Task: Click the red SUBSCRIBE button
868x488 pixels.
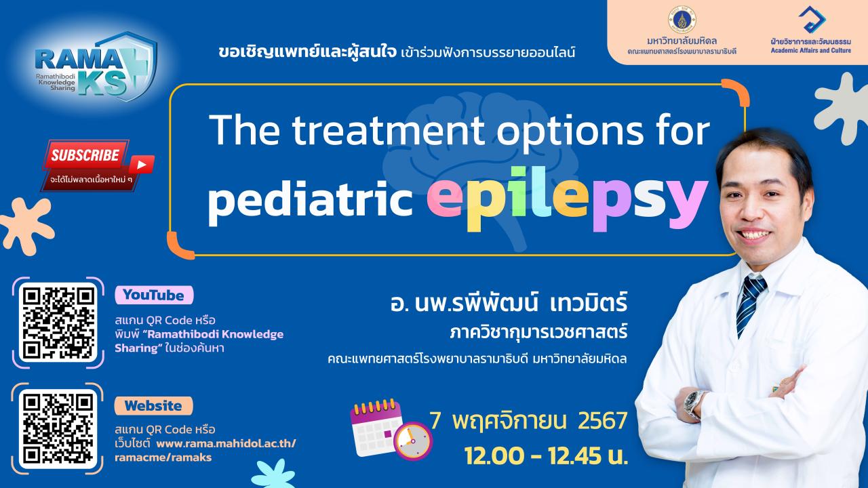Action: pyautogui.click(x=86, y=155)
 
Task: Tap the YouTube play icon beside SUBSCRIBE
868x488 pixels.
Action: pyautogui.click(x=141, y=165)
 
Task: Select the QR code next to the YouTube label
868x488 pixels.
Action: pyautogui.click(x=58, y=323)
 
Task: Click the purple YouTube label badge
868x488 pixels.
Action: pyautogui.click(x=154, y=295)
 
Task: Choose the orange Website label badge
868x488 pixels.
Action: pyautogui.click(x=153, y=406)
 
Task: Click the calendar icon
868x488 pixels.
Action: pyautogui.click(x=376, y=427)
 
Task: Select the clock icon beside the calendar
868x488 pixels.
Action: pyautogui.click(x=413, y=441)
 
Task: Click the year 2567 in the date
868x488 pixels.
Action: pyautogui.click(x=603, y=421)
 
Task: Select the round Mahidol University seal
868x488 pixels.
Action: pyautogui.click(x=682, y=20)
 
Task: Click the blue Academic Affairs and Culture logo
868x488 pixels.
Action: pyautogui.click(x=812, y=20)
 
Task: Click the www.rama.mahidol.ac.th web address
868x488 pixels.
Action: pyautogui.click(x=226, y=443)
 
